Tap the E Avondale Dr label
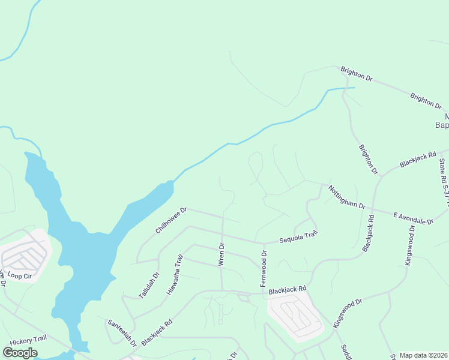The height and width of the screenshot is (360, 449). click(x=413, y=218)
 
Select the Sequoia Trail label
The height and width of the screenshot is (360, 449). click(x=298, y=238)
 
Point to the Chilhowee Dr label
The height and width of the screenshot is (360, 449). click(x=172, y=220)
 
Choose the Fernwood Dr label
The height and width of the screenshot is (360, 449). click(x=263, y=269)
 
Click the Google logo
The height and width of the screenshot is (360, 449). click(x=20, y=352)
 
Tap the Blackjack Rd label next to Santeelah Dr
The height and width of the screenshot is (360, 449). click(x=157, y=329)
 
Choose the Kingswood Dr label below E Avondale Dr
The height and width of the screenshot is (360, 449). click(x=410, y=245)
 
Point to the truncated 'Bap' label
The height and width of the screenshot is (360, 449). click(x=441, y=125)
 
